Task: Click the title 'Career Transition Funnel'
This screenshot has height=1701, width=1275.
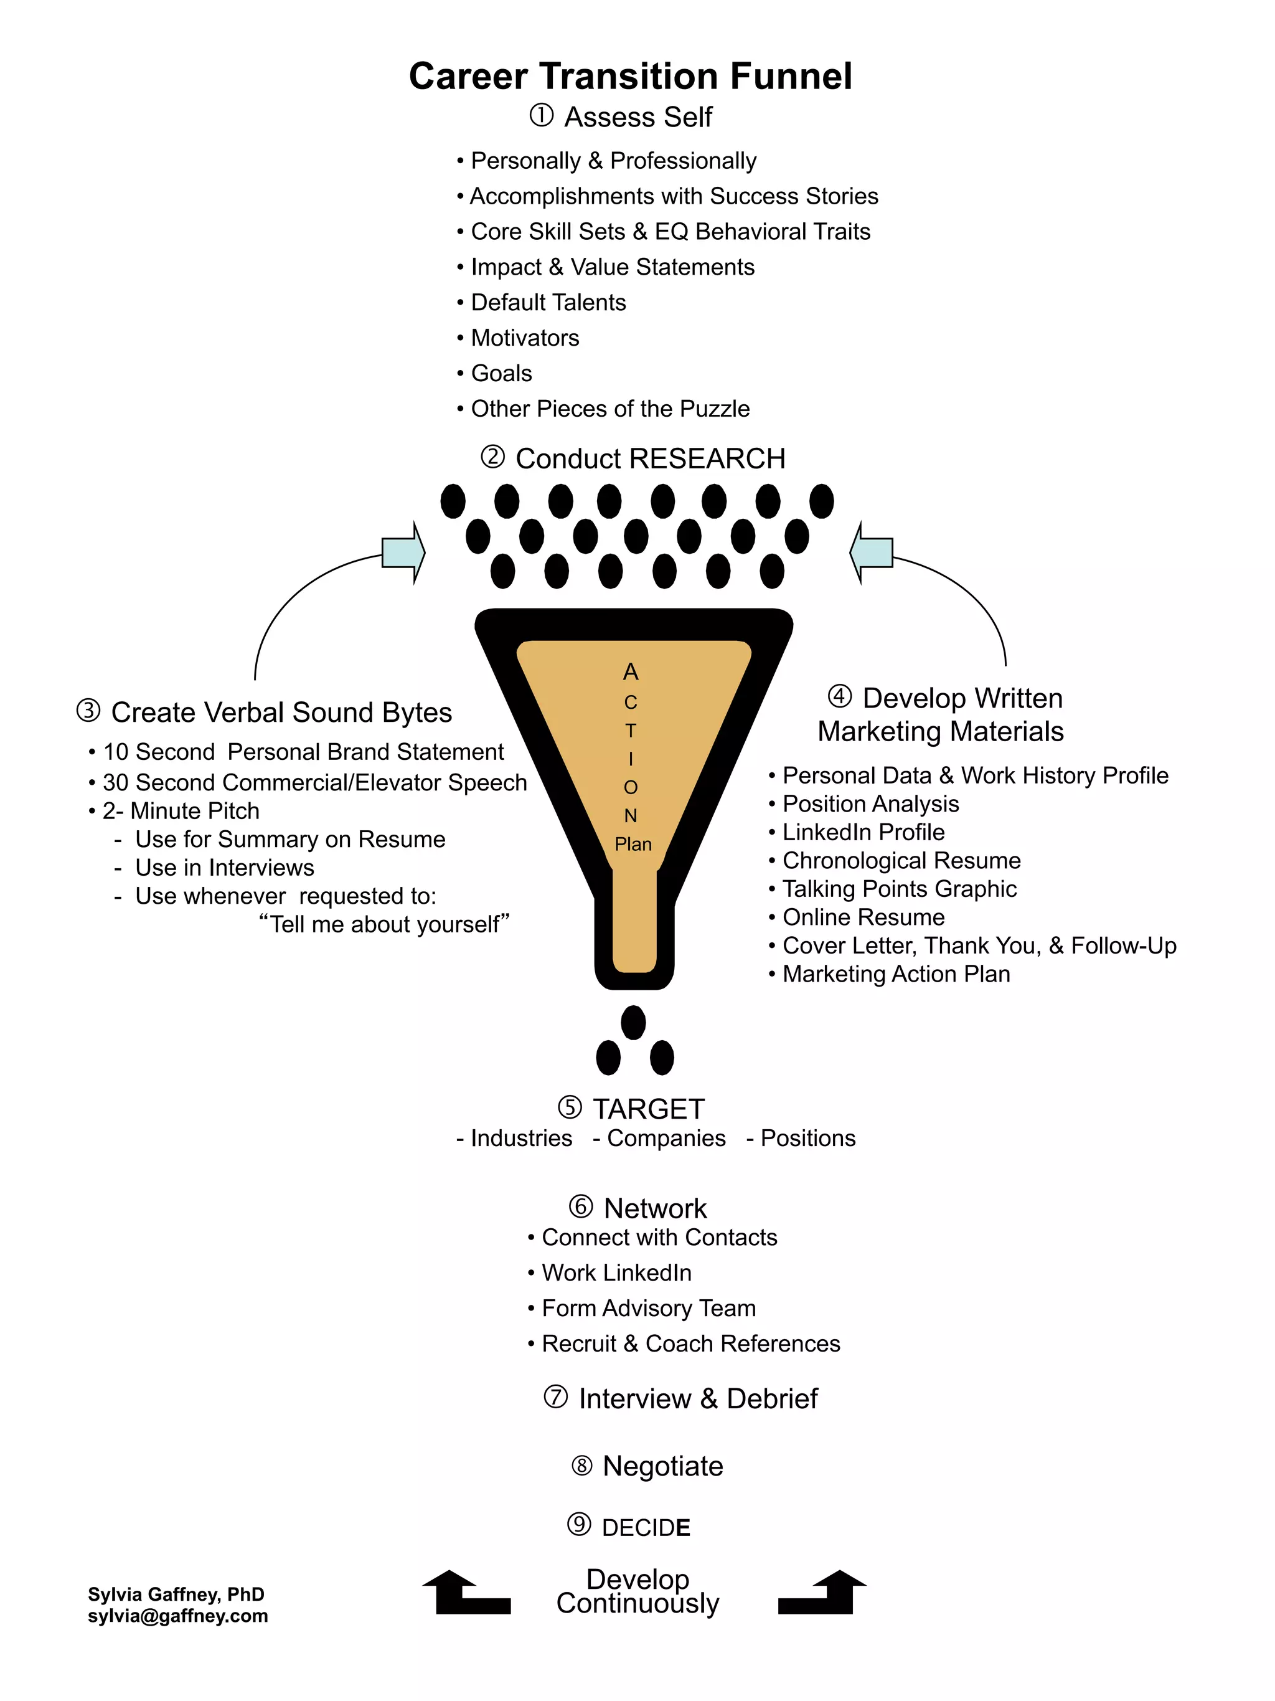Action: click(x=630, y=76)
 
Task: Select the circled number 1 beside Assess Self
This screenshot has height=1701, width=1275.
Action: click(x=541, y=116)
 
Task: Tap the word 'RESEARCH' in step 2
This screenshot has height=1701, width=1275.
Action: click(x=706, y=458)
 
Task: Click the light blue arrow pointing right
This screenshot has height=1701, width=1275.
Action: click(x=403, y=552)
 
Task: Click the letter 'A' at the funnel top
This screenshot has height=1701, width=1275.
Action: click(x=630, y=672)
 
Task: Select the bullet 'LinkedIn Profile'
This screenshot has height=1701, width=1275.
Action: click(x=863, y=832)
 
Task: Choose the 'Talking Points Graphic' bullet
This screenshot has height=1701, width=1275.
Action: click(x=899, y=889)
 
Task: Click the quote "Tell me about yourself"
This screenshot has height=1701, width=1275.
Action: click(x=384, y=924)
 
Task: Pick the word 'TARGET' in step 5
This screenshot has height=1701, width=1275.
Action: click(x=648, y=1109)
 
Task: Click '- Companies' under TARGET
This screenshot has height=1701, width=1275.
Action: click(x=659, y=1138)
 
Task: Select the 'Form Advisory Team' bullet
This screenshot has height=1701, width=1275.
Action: click(x=648, y=1308)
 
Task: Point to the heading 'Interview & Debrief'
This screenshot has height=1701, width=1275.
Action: click(x=697, y=1399)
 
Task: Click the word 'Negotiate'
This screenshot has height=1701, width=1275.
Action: click(x=662, y=1466)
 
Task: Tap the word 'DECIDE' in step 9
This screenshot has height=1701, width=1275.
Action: click(x=646, y=1528)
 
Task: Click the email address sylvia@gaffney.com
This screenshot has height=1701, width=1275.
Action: click(x=177, y=1616)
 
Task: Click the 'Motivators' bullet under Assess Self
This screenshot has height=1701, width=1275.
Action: click(x=524, y=338)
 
